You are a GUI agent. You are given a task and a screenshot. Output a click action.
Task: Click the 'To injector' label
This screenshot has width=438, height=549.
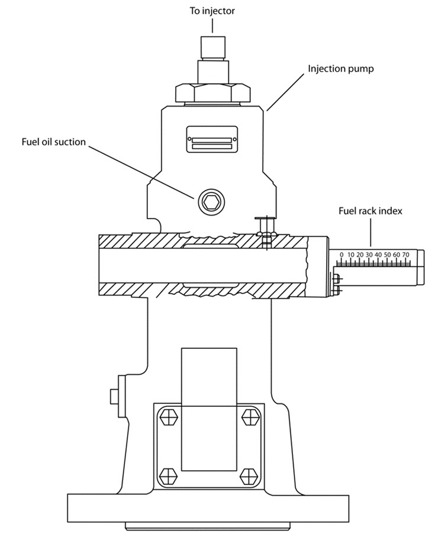[212, 11]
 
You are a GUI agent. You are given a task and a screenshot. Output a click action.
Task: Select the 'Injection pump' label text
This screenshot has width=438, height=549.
[340, 69]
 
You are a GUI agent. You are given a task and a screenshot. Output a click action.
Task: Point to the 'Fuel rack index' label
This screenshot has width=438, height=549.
[371, 211]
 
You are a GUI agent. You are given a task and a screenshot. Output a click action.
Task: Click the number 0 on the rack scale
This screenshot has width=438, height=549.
[342, 255]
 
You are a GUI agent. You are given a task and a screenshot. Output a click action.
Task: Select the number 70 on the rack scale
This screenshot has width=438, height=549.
[406, 255]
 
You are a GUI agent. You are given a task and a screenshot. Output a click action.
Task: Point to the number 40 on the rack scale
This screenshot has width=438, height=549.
[378, 255]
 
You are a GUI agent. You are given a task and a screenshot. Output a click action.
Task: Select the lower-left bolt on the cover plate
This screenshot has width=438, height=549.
[169, 475]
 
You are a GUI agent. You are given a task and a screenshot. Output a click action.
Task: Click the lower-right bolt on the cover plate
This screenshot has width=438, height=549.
[249, 475]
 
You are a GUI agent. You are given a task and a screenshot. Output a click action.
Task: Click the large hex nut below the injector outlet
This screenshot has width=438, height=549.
[212, 92]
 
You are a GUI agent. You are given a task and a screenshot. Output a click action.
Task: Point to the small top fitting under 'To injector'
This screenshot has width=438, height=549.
[212, 46]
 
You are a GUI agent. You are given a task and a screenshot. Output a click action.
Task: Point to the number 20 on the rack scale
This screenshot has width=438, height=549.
[360, 255]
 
